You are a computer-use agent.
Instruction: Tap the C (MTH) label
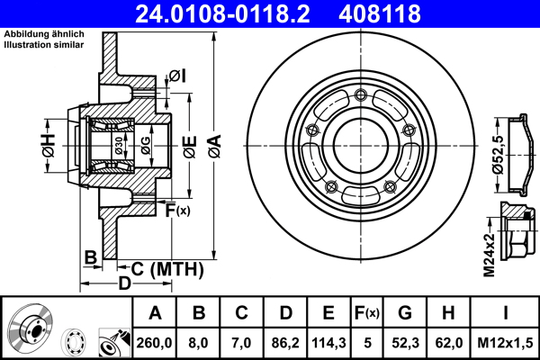point(167,268)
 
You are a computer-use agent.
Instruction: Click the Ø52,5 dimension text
point(496,154)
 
